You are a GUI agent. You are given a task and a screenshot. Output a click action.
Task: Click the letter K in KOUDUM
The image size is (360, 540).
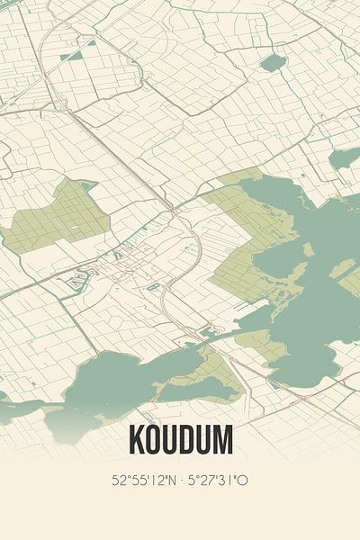(x=138, y=440)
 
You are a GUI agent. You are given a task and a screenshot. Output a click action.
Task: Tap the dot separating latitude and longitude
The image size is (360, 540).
(x=183, y=481)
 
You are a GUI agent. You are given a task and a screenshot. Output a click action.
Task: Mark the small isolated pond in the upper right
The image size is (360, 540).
(x=273, y=62)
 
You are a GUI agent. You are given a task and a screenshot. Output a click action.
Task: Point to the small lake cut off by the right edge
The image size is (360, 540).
(x=346, y=159)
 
